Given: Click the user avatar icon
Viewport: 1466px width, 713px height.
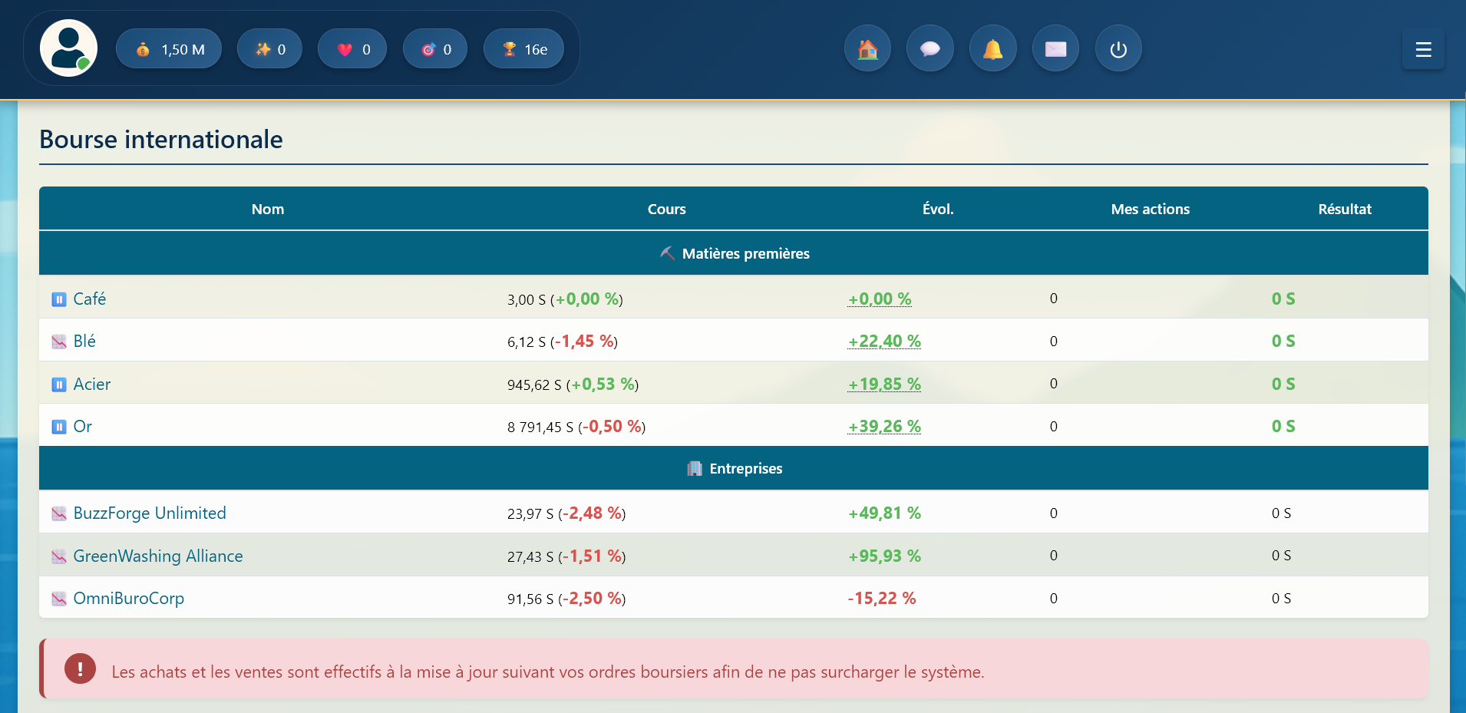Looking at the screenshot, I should click(68, 48).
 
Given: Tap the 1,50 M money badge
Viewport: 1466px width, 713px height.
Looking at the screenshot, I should click(169, 49).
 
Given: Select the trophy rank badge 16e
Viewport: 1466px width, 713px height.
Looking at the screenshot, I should click(523, 49).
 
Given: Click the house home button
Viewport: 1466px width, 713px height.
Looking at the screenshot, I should click(867, 49).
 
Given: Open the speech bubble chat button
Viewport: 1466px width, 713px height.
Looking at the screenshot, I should click(930, 49).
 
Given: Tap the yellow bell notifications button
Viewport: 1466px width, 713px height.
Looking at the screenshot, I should click(993, 49).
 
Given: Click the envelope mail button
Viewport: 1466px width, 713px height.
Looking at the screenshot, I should click(1056, 49).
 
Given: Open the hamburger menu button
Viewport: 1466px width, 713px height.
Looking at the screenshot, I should click(1423, 50).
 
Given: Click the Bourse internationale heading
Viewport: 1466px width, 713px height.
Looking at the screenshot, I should click(161, 140).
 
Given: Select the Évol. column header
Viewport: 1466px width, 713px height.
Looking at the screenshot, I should click(938, 209).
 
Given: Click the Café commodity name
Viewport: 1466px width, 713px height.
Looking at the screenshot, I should click(90, 299).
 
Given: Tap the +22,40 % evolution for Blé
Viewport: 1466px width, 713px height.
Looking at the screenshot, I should click(884, 342).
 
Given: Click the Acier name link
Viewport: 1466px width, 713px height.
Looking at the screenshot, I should click(92, 384).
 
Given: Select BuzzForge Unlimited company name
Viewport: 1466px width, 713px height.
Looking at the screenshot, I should click(150, 513).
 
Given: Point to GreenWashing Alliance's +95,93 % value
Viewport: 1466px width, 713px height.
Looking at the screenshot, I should click(884, 556).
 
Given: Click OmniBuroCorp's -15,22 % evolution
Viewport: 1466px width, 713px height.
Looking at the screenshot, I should click(882, 599).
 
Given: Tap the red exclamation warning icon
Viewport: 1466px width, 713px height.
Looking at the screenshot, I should click(80, 668).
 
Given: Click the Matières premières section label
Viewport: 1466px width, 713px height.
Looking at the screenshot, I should click(745, 253).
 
